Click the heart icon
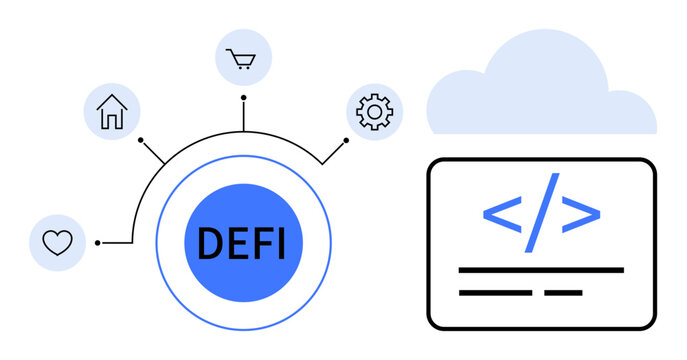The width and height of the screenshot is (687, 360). [x=57, y=242]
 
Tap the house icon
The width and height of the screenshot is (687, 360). [x=111, y=112]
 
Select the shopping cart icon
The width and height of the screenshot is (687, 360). [x=243, y=58]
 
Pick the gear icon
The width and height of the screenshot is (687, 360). [x=374, y=111]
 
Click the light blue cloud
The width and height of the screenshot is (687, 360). [x=541, y=90]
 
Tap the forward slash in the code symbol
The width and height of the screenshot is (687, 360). [x=541, y=212]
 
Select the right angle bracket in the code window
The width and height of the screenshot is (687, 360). [x=580, y=213]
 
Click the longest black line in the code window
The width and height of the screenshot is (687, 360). [x=540, y=270]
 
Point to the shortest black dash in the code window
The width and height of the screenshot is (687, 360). [x=563, y=293]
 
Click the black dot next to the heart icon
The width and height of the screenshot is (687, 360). [x=97, y=242]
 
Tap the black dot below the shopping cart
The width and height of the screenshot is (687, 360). [x=243, y=98]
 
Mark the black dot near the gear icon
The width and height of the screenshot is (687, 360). [x=346, y=139]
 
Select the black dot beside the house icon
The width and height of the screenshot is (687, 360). [x=141, y=139]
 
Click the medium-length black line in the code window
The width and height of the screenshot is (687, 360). [x=494, y=293]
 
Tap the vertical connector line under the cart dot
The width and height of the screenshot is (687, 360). [x=243, y=116]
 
